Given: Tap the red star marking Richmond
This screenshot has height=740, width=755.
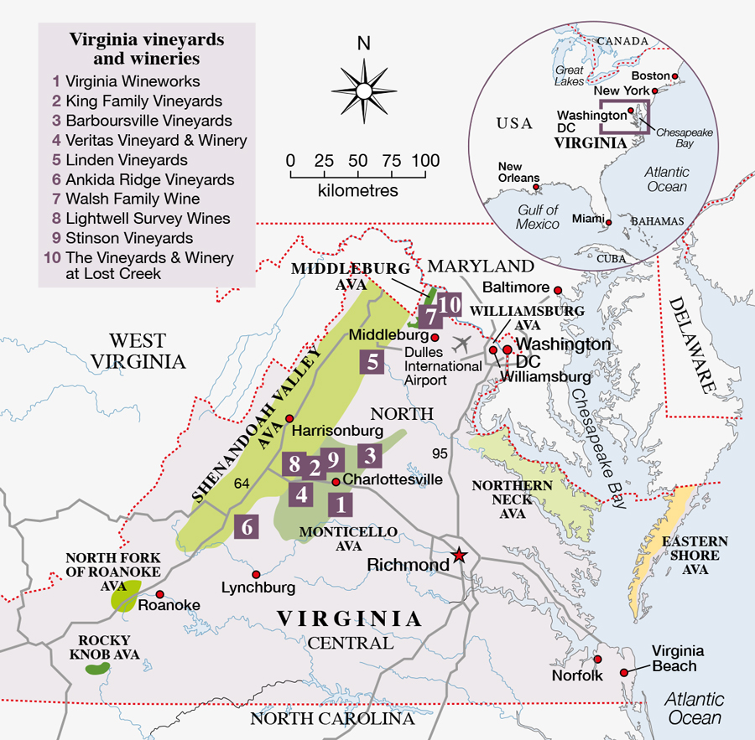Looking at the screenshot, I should (459, 555).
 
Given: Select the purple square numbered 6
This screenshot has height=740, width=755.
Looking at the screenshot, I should (247, 526).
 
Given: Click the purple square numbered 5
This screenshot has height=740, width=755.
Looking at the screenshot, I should (372, 363).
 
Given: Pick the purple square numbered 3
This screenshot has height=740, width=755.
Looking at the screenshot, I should (370, 456).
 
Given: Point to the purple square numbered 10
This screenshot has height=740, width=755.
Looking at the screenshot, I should (449, 304).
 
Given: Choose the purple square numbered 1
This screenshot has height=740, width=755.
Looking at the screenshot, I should (340, 504).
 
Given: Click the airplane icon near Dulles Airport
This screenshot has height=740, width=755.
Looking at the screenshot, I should (461, 344).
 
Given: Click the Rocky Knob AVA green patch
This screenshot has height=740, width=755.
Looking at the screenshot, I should (98, 668).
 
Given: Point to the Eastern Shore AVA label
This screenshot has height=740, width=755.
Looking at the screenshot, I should (695, 555).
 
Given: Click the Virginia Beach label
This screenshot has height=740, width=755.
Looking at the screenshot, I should (678, 658).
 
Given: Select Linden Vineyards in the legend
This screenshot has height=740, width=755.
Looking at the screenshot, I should (126, 160).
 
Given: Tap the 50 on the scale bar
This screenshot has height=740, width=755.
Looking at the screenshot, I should (358, 160).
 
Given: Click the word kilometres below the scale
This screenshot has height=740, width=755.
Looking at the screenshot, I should (358, 190).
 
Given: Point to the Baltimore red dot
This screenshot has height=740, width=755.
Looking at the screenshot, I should (555, 290).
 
